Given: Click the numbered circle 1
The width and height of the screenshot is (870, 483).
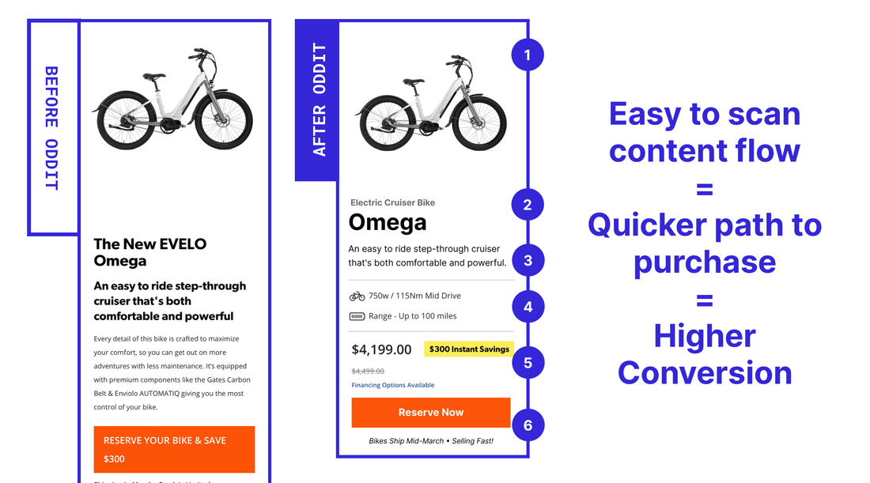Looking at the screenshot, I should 528,55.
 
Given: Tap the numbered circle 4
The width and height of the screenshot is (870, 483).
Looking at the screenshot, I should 528,307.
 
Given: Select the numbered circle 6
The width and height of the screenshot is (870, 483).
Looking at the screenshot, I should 528,425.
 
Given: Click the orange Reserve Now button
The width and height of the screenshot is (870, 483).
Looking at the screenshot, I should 430,413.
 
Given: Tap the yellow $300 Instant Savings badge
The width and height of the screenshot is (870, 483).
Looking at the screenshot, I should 468,349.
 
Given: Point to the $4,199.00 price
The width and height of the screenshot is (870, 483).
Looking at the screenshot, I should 381,349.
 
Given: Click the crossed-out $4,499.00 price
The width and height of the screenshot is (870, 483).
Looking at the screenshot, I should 368,371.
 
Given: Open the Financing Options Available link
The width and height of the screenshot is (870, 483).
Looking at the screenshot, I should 392,385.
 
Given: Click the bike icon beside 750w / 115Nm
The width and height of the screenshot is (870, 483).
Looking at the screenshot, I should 357,296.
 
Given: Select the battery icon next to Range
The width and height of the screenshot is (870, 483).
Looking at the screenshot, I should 357,316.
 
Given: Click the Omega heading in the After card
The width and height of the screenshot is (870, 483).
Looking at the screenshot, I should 388,223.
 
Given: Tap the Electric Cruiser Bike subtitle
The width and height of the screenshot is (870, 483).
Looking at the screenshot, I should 392,202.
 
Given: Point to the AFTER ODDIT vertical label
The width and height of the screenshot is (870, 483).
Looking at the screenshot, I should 319,100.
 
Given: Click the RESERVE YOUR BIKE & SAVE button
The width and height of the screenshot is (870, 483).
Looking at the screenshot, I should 174,449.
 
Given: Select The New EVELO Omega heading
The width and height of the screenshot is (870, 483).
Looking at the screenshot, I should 149,252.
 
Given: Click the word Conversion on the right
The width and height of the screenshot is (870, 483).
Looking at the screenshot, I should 705,372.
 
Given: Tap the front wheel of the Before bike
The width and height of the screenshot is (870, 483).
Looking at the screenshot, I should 223,120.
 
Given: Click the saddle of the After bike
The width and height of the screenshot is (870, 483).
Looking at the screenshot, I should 414,80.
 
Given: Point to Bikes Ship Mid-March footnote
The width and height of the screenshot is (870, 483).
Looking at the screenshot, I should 431,441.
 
